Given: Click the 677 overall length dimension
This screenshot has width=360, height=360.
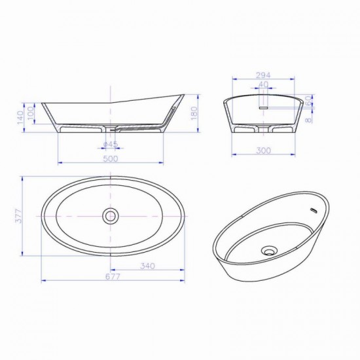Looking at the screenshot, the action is pos(113,277).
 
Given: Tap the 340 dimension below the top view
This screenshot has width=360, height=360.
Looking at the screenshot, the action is pos(148,266).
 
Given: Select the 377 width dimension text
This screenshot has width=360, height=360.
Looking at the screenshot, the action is pos(18,215).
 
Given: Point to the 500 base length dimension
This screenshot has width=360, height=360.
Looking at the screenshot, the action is pos(111,158).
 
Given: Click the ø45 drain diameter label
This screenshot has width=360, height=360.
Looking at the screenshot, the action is pos(111,144).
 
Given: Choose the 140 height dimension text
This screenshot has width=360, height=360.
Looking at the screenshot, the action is pos(20,118).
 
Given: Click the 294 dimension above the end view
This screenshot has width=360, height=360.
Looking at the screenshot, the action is pos(263,75).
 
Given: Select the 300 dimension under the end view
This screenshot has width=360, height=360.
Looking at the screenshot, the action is pos(264,151).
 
